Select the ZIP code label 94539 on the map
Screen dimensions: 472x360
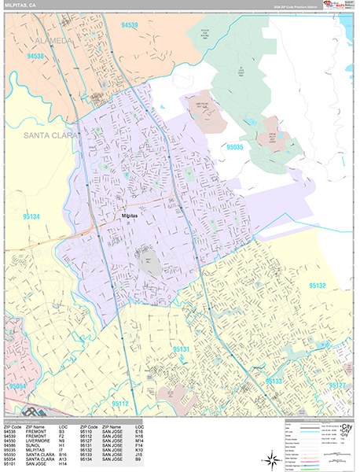pyautogui.click(x=130, y=25)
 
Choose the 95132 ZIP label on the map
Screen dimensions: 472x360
pyautogui.click(x=318, y=286)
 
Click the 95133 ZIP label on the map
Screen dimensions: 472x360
pyautogui.click(x=274, y=380)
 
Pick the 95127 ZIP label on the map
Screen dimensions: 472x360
pyautogui.click(x=337, y=385)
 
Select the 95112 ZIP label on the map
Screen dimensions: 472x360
pyautogui.click(x=119, y=404)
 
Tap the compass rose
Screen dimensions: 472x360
pyautogui.click(x=270, y=458)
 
